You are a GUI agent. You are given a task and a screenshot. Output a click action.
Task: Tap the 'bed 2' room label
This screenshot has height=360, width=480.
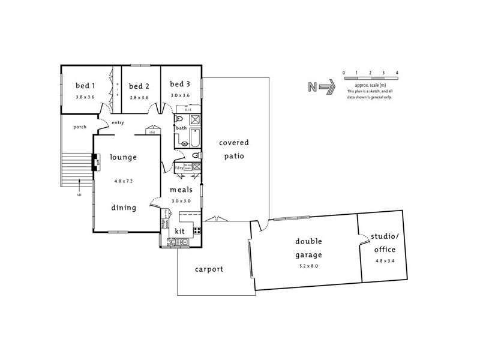point(139,86)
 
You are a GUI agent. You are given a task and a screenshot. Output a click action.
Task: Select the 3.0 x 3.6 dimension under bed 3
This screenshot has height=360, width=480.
point(179,95)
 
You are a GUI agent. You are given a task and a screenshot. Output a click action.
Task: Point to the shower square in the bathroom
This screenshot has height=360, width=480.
point(194,119)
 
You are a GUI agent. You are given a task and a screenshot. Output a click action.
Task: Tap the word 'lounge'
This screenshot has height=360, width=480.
point(124,157)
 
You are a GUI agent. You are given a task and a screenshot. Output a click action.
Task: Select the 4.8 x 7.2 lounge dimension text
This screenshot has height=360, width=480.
point(123,180)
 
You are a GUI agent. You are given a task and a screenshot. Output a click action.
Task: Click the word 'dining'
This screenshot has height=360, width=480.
point(123,208)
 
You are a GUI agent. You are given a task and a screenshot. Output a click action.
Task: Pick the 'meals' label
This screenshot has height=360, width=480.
point(181,190)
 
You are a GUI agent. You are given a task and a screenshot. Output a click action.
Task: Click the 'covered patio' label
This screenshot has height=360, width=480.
point(234,149)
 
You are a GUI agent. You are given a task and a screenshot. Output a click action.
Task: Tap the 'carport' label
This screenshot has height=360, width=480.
point(209,269)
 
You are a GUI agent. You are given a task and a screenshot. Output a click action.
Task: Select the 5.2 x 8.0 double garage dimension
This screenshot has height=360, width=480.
point(308,265)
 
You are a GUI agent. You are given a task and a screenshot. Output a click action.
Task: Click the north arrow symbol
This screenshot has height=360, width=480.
point(327,88)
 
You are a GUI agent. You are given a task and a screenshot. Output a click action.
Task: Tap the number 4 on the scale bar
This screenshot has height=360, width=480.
point(397,72)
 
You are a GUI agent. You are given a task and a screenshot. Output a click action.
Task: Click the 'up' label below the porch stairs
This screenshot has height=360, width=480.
point(79,194)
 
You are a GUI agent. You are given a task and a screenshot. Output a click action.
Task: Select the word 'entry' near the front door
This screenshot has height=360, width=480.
point(117,122)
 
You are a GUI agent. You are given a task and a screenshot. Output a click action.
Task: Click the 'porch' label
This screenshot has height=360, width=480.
point(80,127)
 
